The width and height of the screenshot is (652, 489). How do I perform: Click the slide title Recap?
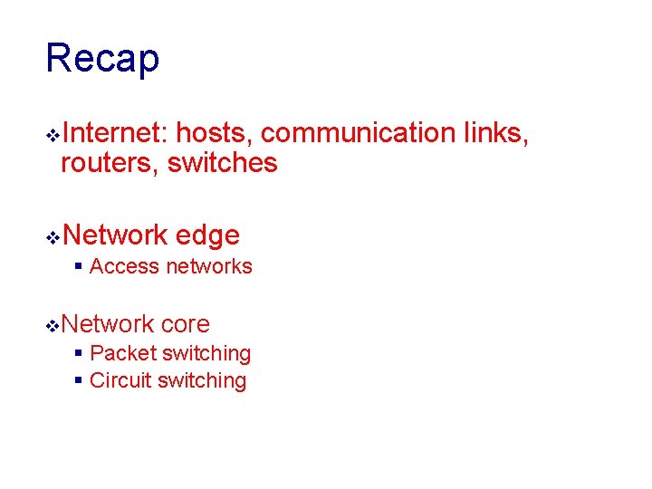(102, 59)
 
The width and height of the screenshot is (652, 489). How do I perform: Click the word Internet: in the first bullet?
(115, 133)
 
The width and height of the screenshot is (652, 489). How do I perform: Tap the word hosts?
(214, 133)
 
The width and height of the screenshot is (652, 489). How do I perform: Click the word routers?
(109, 163)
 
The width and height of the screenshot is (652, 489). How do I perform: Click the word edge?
(207, 235)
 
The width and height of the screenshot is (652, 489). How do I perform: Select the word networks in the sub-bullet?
(207, 266)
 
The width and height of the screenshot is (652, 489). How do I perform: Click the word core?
(185, 323)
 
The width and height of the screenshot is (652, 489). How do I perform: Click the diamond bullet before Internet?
(53, 135)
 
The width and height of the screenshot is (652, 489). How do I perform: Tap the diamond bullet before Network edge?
(53, 237)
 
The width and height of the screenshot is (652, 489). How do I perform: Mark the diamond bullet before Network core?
(53, 325)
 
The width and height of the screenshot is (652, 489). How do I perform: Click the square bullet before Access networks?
(79, 267)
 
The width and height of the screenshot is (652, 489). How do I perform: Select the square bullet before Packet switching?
(79, 354)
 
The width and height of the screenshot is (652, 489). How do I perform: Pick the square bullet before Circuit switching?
(79, 381)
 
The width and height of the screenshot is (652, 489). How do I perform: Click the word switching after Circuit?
(202, 380)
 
